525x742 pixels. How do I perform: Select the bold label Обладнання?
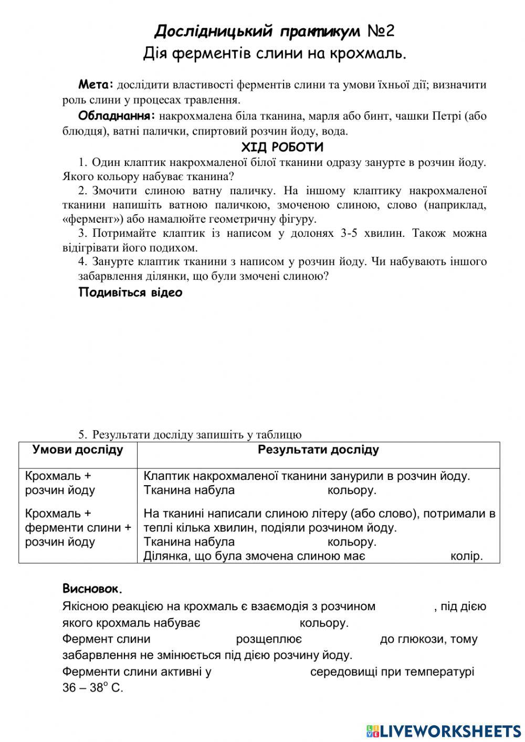coord(117,116)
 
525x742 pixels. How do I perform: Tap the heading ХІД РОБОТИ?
coord(282,147)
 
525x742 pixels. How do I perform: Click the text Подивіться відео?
coord(130,292)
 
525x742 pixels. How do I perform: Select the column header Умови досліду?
coord(78,450)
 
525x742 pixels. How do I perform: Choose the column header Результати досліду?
coord(318,450)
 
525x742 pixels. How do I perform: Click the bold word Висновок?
coord(92,588)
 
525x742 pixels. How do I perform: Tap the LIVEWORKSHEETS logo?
coord(444,730)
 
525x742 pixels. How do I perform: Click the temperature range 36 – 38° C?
coord(92,688)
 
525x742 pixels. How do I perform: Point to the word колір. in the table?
coord(466,556)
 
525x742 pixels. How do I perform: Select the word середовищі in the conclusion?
coord(341,672)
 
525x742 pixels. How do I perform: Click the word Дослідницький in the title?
coord(214,31)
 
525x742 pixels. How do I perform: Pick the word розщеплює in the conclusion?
coord(269,639)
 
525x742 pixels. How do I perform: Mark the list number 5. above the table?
coord(82,434)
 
